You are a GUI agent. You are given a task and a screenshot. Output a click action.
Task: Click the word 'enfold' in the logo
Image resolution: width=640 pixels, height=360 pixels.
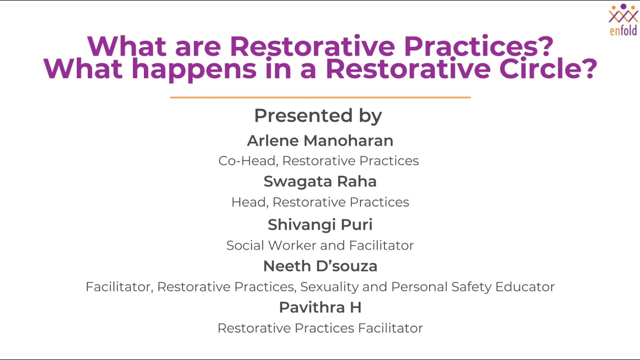pyautogui.click(x=623, y=30)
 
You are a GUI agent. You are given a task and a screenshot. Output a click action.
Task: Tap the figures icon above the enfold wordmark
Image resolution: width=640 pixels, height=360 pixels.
pyautogui.click(x=623, y=13)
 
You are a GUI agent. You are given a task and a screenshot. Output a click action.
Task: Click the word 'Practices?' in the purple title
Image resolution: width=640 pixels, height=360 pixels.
pyautogui.click(x=478, y=46)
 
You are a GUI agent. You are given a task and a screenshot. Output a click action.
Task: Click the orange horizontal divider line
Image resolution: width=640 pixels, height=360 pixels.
pyautogui.click(x=320, y=97)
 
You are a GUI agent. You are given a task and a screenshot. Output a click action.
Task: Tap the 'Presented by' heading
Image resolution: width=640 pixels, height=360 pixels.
pyautogui.click(x=318, y=115)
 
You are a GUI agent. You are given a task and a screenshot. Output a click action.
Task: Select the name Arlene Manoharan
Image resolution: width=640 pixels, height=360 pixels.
pyautogui.click(x=320, y=140)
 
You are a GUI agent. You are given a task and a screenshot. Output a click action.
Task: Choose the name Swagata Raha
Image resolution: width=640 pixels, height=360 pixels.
pyautogui.click(x=320, y=181)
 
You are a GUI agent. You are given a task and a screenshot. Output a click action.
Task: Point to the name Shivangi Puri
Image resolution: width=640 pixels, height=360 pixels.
pyautogui.click(x=320, y=224)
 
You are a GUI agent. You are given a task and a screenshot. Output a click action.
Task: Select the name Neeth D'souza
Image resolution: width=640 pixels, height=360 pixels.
pyautogui.click(x=320, y=266)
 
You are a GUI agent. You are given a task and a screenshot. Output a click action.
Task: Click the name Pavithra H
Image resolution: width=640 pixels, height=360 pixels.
pyautogui.click(x=320, y=307)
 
